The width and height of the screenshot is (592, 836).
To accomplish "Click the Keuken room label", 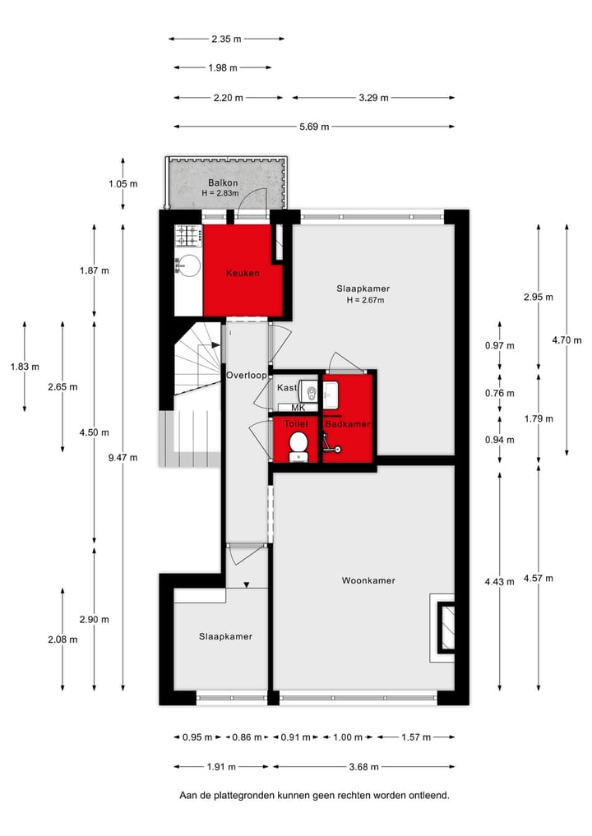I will coord(243,273).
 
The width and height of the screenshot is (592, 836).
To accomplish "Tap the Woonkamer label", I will coord(368,580).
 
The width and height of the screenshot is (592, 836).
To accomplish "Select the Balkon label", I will coord(223,182).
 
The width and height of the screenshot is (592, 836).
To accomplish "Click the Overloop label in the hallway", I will coord(247,375).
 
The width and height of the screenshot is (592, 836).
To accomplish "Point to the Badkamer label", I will coord(347,424).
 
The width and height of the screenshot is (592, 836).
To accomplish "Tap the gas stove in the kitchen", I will coord(188,237).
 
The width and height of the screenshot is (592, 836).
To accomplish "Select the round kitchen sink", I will coord(188,266).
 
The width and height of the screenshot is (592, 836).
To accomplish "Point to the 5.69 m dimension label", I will coord(312,127).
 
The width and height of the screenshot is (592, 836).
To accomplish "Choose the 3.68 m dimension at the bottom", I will coord(363,767).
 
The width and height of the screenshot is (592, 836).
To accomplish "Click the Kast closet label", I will coord(286,387).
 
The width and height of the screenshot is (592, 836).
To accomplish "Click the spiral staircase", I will coord(197,363).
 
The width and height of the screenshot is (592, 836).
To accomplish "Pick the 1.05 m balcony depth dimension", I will coord(123,183).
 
